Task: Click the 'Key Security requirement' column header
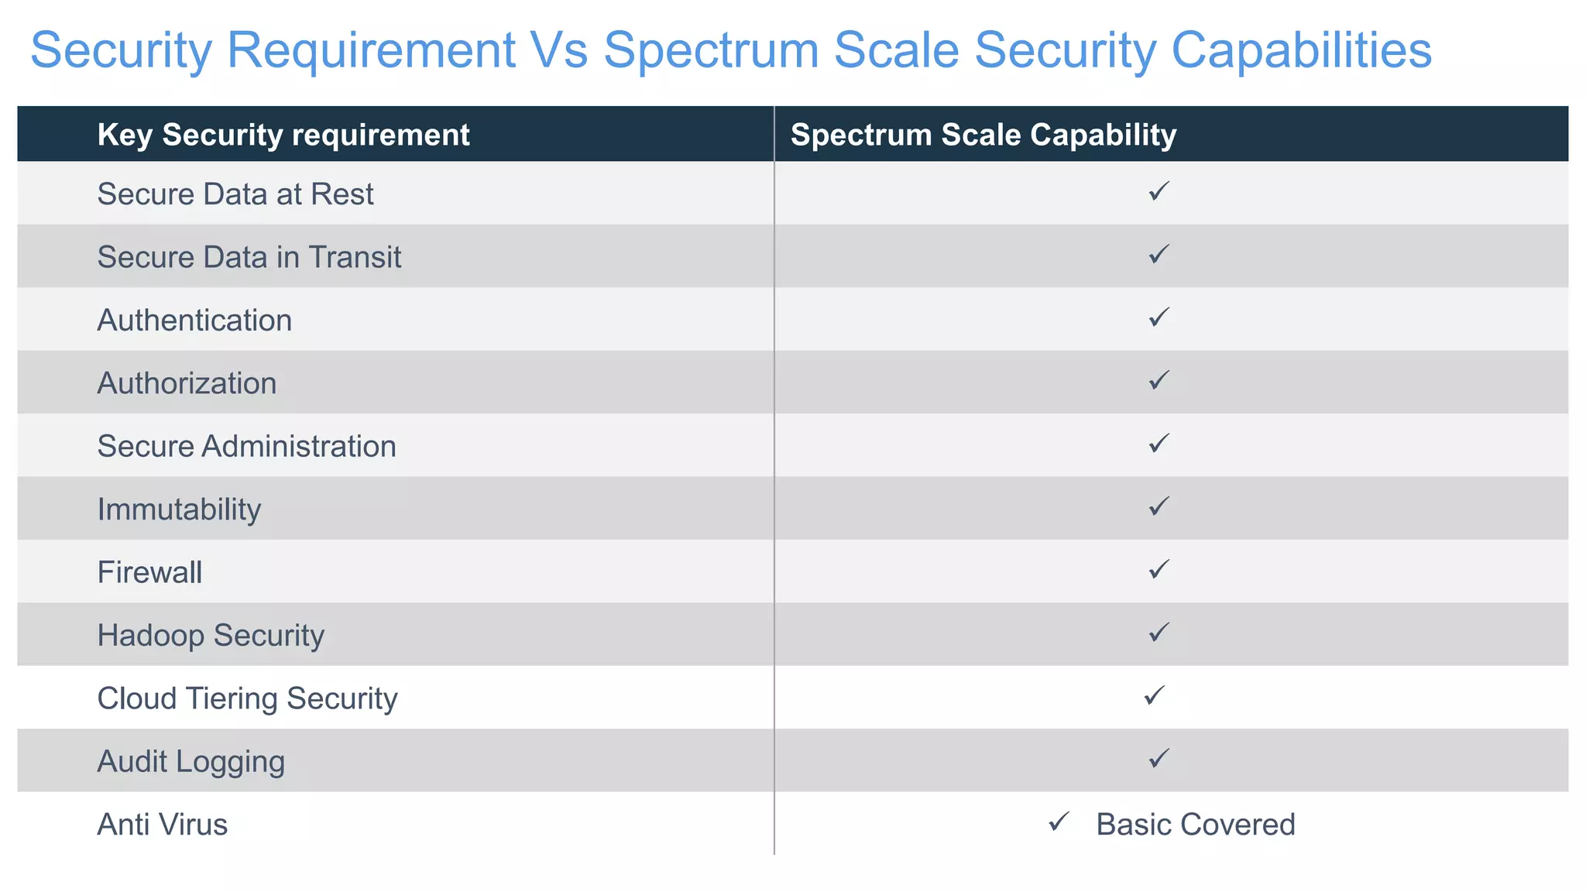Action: tap(283, 135)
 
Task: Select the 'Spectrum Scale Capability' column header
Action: tap(983, 135)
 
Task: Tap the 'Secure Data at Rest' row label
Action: tap(235, 194)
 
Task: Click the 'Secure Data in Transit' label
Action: tap(249, 257)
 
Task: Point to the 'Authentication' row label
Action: tap(194, 321)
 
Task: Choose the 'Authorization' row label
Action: tap(187, 383)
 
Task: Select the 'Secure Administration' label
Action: tap(246, 447)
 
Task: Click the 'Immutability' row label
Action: tap(179, 509)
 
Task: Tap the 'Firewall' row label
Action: tap(149, 573)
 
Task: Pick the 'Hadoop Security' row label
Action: tap(211, 636)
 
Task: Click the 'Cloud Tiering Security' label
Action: tap(247, 698)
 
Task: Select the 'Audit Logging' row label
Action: tap(191, 762)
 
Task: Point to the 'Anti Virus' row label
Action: tap(163, 825)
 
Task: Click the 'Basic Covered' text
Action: tap(1195, 825)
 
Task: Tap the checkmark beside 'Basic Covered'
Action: tap(1059, 822)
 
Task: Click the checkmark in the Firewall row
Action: tap(1159, 569)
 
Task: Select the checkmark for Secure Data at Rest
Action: tap(1159, 190)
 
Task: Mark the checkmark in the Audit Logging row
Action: tap(1159, 758)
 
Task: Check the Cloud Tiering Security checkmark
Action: tap(1154, 695)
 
